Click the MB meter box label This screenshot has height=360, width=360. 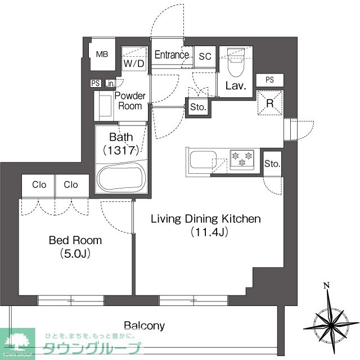click(102, 54)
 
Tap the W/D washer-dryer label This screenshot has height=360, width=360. click(134, 63)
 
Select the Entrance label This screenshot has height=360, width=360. click(172, 55)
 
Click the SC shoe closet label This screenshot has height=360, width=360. click(205, 56)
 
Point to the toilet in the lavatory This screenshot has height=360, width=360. click(236, 62)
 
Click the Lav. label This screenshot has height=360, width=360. click(236, 86)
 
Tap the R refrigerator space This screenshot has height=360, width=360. click(270, 103)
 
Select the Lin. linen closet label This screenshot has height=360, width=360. click(110, 84)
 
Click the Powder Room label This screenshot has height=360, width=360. click(130, 101)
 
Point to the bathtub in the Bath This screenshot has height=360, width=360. click(121, 178)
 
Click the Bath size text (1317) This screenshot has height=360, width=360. click(121, 150)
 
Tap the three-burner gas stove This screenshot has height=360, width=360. click(242, 160)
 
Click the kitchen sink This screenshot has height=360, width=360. click(203, 159)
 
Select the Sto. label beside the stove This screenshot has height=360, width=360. click(272, 164)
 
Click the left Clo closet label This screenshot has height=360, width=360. click(39, 184)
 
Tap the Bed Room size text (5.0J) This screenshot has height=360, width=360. click(75, 254)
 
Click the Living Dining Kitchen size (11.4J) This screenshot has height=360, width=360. click(209, 232)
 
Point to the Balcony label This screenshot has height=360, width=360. click(145, 326)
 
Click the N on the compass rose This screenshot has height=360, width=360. click(326, 285)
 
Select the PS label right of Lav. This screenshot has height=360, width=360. click(270, 80)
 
